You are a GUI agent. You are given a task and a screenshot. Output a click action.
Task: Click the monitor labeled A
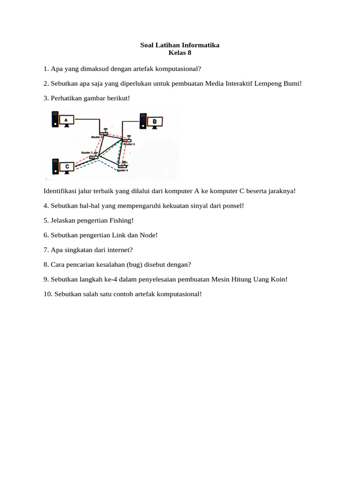(x=66, y=120)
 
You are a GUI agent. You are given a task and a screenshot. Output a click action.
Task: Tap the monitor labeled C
(x=67, y=166)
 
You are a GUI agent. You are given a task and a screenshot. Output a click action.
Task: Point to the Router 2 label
(x=97, y=137)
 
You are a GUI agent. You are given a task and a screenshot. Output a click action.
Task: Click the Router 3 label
(x=128, y=144)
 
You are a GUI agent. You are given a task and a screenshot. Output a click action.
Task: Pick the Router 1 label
(x=87, y=153)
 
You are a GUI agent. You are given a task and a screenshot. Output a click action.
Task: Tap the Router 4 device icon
(x=123, y=166)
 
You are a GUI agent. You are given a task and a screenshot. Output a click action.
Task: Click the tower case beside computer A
(x=55, y=120)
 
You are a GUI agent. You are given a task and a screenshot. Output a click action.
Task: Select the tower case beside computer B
(x=143, y=121)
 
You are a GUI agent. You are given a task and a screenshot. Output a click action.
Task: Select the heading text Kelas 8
(x=180, y=52)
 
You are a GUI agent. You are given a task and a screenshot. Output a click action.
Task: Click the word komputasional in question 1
(x=180, y=69)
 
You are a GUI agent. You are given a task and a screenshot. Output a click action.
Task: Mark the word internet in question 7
(x=127, y=250)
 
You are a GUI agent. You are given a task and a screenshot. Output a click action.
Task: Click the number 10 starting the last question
(x=47, y=294)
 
